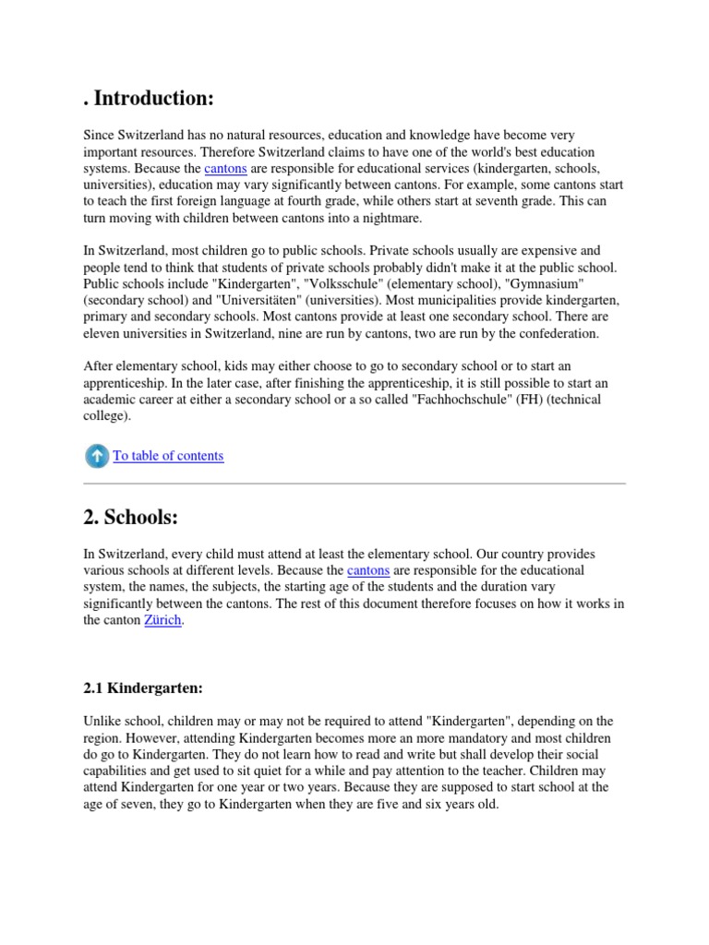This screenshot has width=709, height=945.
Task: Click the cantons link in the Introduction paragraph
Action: point(225,169)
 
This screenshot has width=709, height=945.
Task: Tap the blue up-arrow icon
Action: point(96,455)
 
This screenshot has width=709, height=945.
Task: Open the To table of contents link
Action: point(168,456)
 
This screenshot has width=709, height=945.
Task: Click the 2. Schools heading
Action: point(130,518)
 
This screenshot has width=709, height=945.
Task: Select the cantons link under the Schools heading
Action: point(367,570)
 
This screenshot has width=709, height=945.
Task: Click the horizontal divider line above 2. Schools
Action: point(354,483)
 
